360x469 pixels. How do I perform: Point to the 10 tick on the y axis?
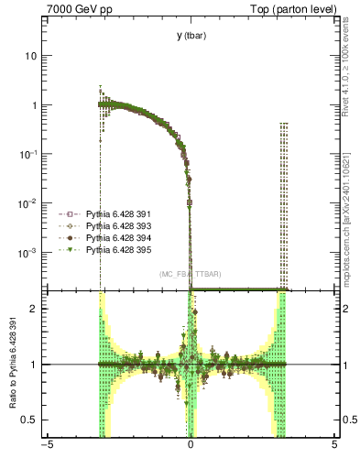point(32,56)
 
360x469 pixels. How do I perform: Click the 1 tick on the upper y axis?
point(35,105)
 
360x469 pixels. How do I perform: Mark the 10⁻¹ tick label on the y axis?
point(30,154)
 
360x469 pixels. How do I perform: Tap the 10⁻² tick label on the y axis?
point(30,202)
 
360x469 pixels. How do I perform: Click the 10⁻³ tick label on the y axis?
point(30,252)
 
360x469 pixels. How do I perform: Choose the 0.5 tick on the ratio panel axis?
point(31,420)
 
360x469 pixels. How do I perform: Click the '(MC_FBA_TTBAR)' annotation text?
point(191,275)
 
